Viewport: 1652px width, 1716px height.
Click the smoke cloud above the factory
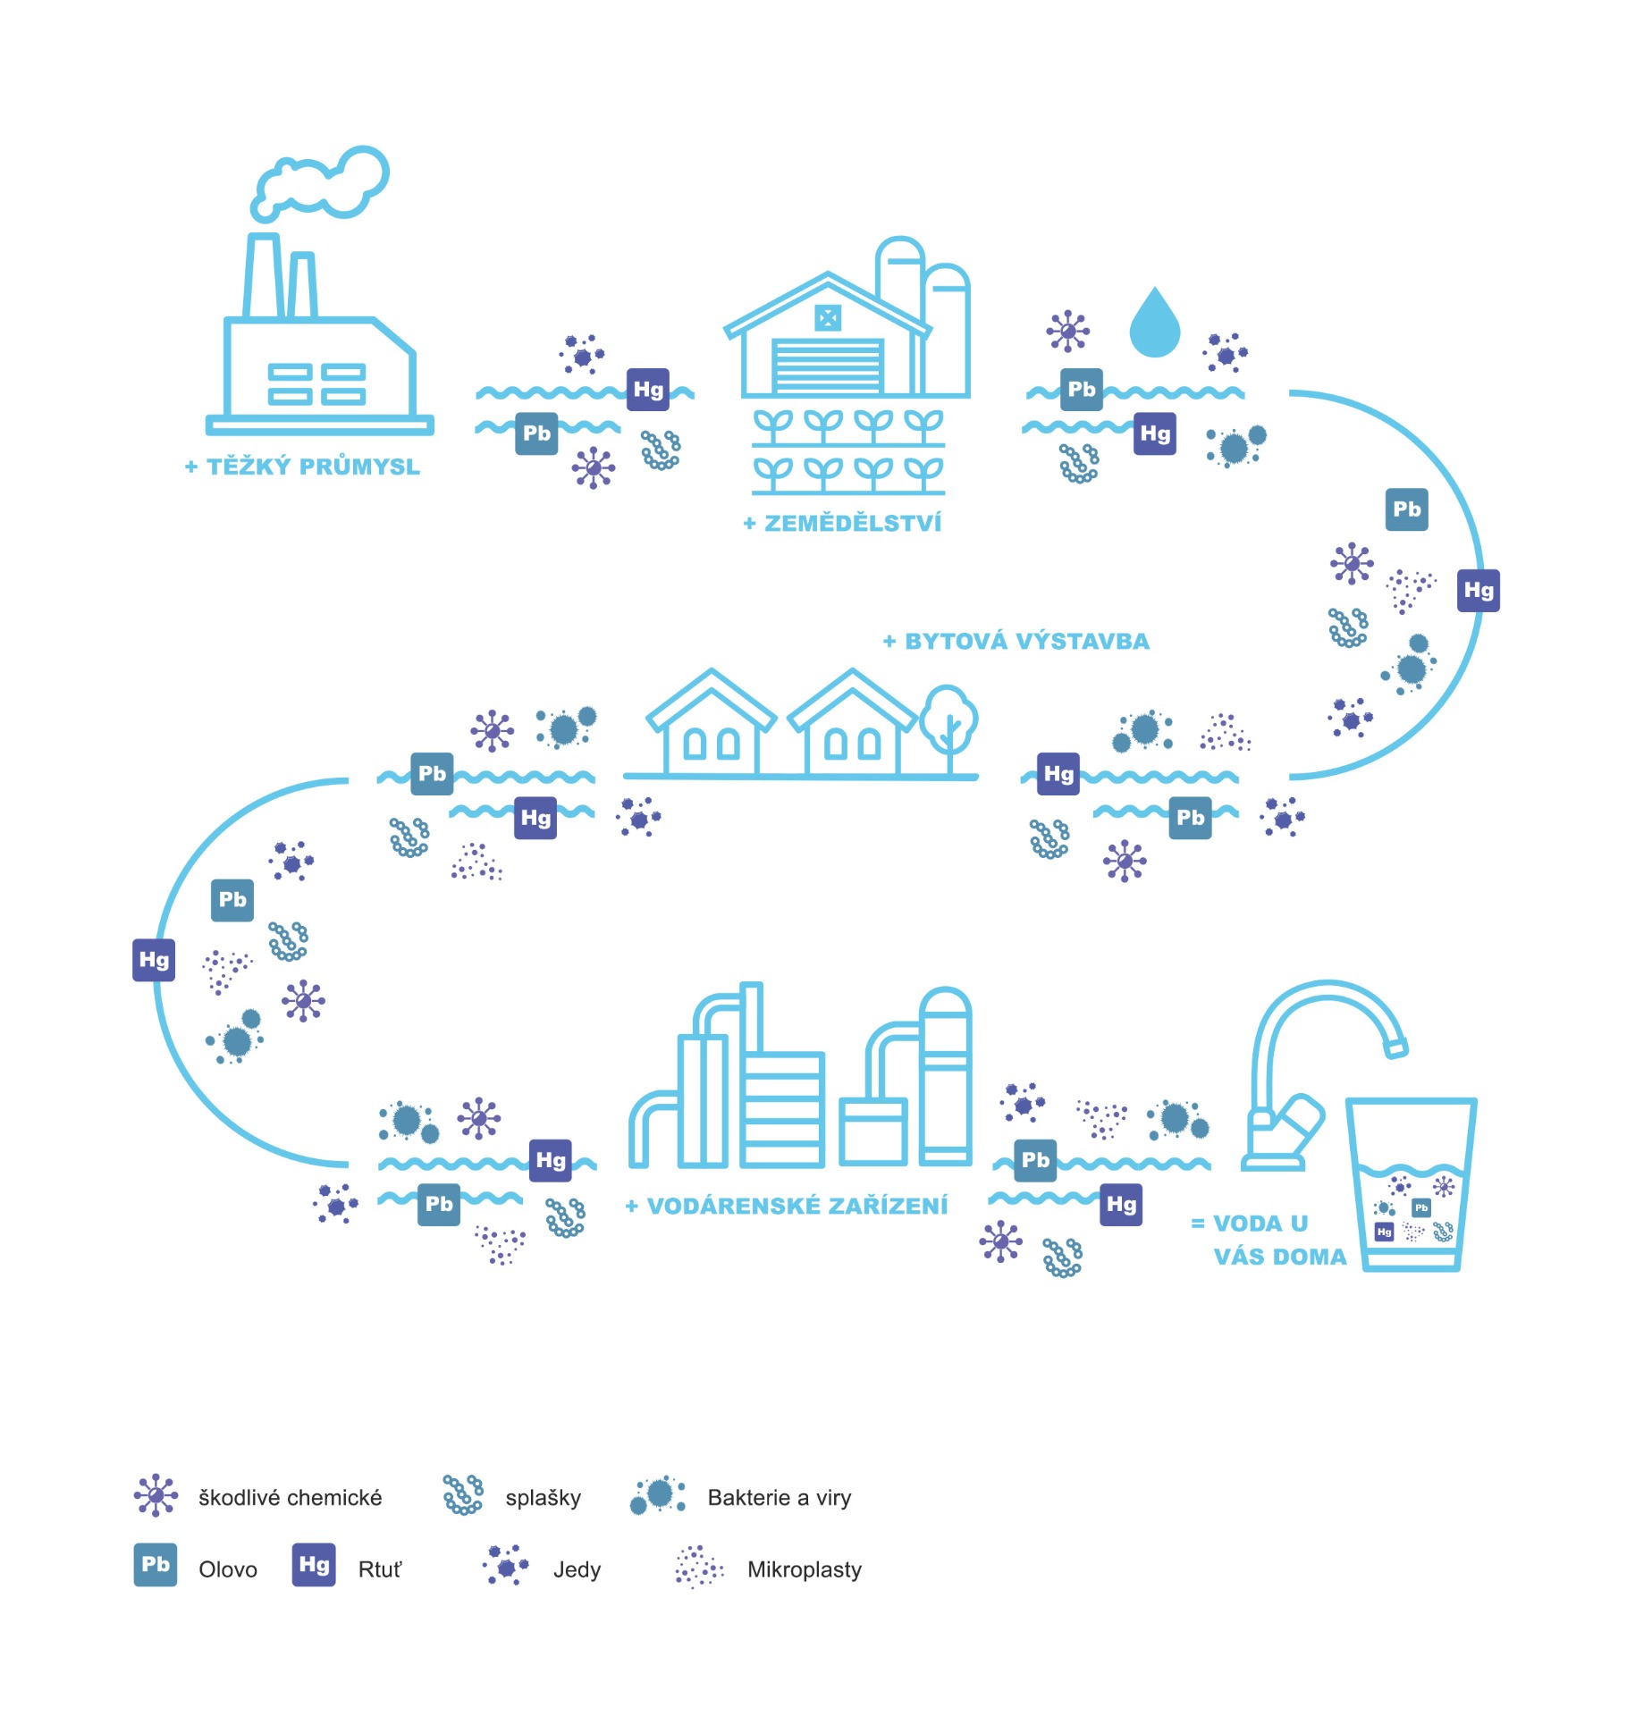[322, 183]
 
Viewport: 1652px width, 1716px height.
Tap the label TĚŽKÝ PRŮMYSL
[303, 467]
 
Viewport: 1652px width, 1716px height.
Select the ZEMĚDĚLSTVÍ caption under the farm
[843, 524]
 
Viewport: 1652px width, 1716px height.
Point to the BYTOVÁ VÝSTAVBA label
[1016, 642]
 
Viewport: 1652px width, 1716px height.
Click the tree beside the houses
[948, 719]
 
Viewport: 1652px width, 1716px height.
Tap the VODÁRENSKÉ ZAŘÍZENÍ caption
[787, 1207]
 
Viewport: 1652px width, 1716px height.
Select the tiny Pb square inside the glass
[1421, 1208]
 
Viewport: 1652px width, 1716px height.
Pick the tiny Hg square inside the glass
[1385, 1232]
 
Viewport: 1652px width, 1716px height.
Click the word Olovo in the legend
[228, 1570]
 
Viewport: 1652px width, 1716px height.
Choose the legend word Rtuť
[380, 1570]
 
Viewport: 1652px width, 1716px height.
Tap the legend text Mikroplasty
[805, 1570]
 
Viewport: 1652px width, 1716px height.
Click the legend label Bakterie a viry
[780, 1498]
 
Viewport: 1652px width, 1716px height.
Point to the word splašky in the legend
[544, 1498]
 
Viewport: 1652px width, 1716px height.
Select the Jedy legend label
[577, 1570]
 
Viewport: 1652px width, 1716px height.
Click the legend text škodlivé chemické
[291, 1498]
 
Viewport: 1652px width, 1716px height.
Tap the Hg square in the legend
[314, 1565]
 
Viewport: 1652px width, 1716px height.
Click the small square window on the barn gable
[828, 317]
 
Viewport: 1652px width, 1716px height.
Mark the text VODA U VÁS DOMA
[1269, 1241]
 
